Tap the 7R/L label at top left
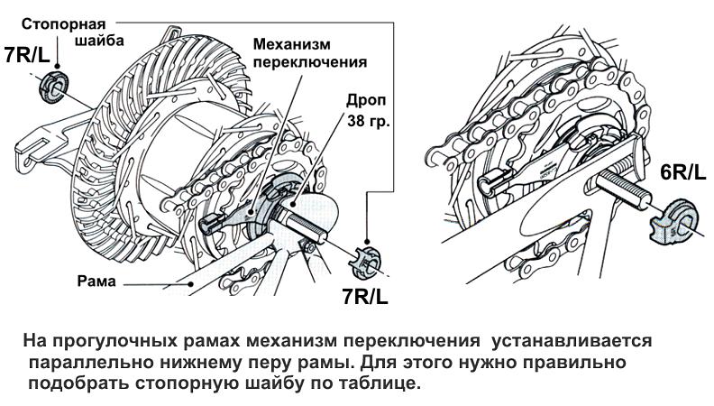(x=27, y=55)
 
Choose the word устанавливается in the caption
(x=566, y=343)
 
